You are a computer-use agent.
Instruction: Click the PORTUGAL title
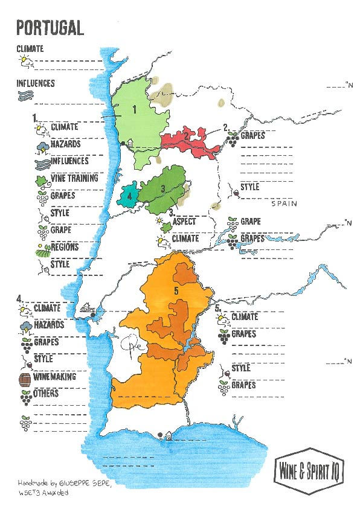50,27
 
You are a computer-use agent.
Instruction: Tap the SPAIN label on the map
284,203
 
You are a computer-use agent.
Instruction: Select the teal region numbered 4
128,196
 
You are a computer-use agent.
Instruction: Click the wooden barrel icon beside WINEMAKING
25,379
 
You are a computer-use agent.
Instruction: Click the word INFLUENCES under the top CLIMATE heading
36,83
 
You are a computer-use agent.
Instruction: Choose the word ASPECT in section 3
184,222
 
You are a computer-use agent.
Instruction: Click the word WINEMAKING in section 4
55,377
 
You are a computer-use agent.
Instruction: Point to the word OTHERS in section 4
47,394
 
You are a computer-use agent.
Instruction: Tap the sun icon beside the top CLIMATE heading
25,60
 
